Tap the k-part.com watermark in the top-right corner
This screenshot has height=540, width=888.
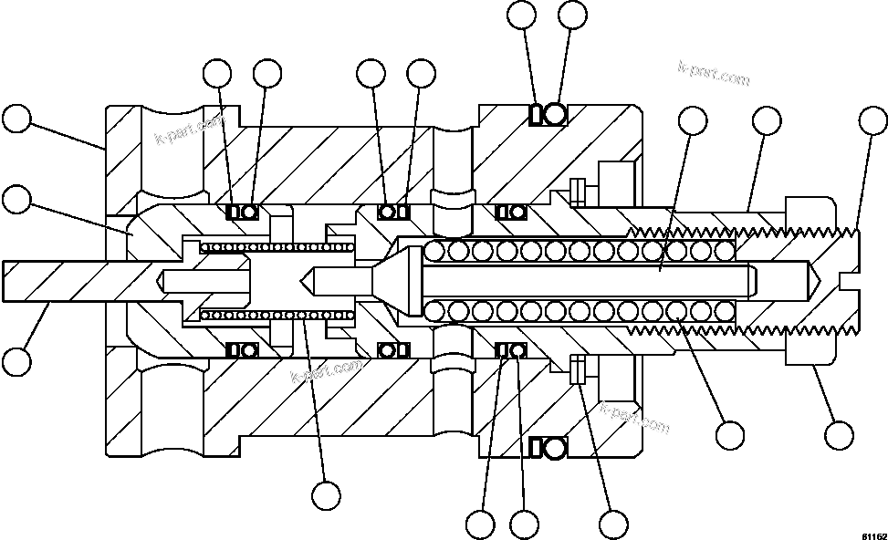[714, 75]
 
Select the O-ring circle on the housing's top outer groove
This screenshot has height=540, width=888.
[555, 115]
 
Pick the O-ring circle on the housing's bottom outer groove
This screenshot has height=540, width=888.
[555, 446]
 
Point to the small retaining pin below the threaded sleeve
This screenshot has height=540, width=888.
[577, 369]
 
